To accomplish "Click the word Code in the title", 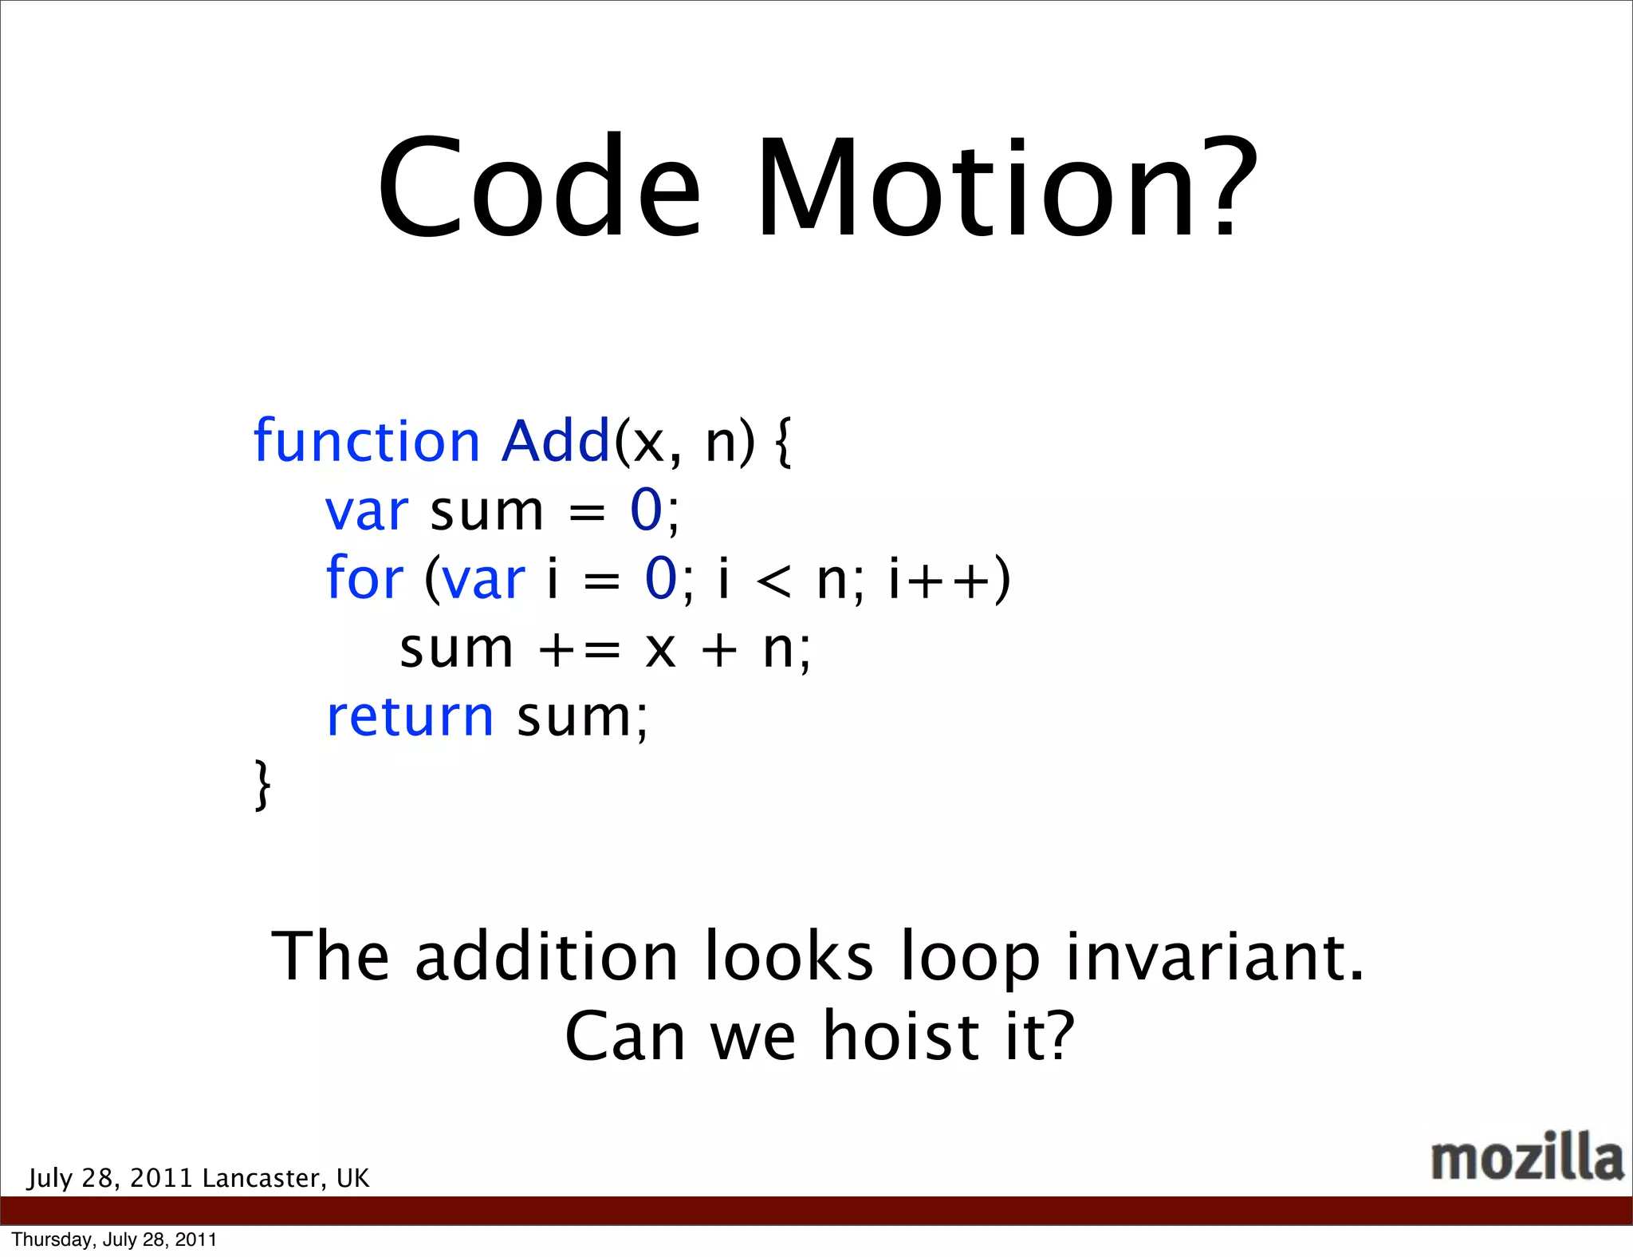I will [539, 188].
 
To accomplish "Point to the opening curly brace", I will [783, 443].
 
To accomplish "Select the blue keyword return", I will [410, 716].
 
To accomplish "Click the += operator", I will [579, 649].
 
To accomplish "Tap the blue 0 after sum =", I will [646, 510].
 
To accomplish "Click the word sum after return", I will [575, 718].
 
